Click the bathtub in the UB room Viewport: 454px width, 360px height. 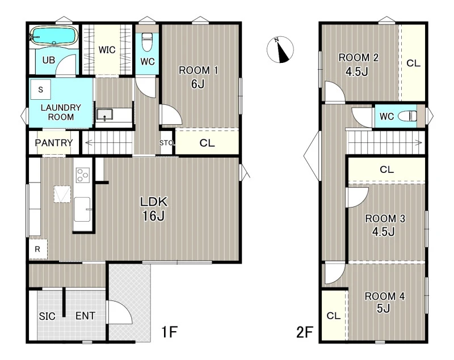54,36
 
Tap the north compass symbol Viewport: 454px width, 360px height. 280,50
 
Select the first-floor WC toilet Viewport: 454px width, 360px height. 147,42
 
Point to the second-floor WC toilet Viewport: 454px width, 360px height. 407,116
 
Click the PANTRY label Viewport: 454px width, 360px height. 54,142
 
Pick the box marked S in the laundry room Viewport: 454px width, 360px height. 40,90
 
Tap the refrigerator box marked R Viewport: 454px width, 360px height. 38,249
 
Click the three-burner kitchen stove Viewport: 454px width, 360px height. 82,175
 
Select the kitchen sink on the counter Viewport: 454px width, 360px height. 82,209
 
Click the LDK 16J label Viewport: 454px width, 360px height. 154,209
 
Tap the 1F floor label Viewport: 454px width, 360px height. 169,332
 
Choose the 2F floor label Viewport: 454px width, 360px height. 305,332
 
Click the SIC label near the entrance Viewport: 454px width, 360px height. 47,316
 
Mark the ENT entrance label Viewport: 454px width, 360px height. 86,316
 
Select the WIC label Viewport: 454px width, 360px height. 107,50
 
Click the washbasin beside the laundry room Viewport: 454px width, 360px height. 104,114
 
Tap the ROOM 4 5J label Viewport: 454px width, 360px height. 384,302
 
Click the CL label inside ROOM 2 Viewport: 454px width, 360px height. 413,63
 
